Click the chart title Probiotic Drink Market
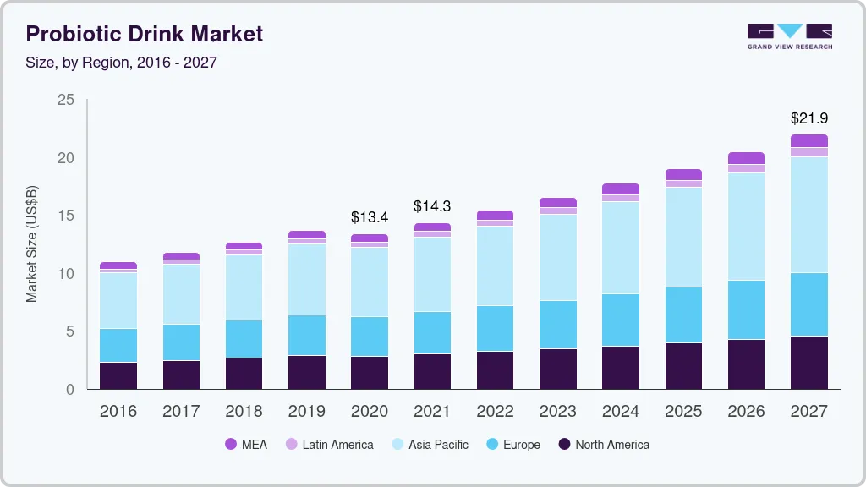click(x=145, y=34)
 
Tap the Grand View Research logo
click(x=789, y=36)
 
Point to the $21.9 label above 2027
click(x=808, y=118)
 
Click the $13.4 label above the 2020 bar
click(x=369, y=217)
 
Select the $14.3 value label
click(x=431, y=206)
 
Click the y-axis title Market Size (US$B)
click(x=32, y=243)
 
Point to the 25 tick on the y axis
click(x=65, y=101)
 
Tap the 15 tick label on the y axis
click(x=65, y=216)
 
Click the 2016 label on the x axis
click(x=118, y=411)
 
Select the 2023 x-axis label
click(x=557, y=411)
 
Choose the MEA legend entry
click(x=246, y=445)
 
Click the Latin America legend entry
click(x=329, y=445)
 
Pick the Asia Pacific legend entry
click(x=429, y=445)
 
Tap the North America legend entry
click(x=603, y=445)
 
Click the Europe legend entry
click(x=512, y=445)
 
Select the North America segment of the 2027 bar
click(x=808, y=363)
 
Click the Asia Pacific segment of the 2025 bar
click(x=683, y=237)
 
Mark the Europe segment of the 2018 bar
click(x=244, y=339)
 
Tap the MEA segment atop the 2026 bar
click(x=746, y=158)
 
